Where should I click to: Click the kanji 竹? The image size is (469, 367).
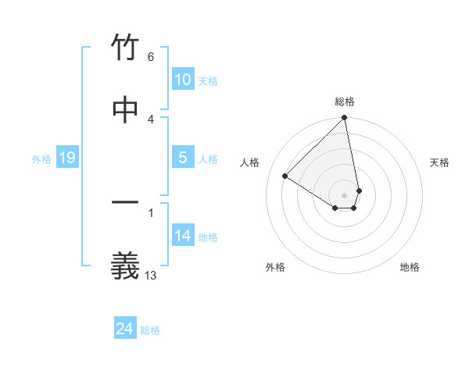pos(125,49)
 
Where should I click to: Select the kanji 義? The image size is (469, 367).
pos(125,266)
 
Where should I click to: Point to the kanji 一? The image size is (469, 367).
pos(125,204)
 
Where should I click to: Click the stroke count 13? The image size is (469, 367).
pos(151,274)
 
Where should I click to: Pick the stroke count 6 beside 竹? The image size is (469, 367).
pos(151,57)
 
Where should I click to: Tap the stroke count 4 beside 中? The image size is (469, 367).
pos(151,118)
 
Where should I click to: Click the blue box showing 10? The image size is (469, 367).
pos(183,80)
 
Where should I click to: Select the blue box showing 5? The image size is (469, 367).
pos(183,158)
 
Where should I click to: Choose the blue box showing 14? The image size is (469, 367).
pos(183,236)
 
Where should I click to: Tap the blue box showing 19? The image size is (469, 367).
pos(67,159)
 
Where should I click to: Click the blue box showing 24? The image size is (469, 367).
pos(125,329)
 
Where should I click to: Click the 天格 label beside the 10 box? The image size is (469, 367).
pos(208,81)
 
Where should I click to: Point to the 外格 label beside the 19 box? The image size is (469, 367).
pos(41,159)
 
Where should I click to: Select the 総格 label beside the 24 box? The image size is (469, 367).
pos(150,330)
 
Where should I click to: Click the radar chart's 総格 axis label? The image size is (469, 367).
pos(345,102)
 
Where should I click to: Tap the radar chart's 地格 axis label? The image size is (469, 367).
pos(410,267)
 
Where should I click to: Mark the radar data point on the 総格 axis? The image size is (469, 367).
pos(345,119)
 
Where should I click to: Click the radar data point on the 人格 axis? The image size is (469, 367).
pos(285,176)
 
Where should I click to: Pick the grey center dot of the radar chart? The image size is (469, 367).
pos(345,194)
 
